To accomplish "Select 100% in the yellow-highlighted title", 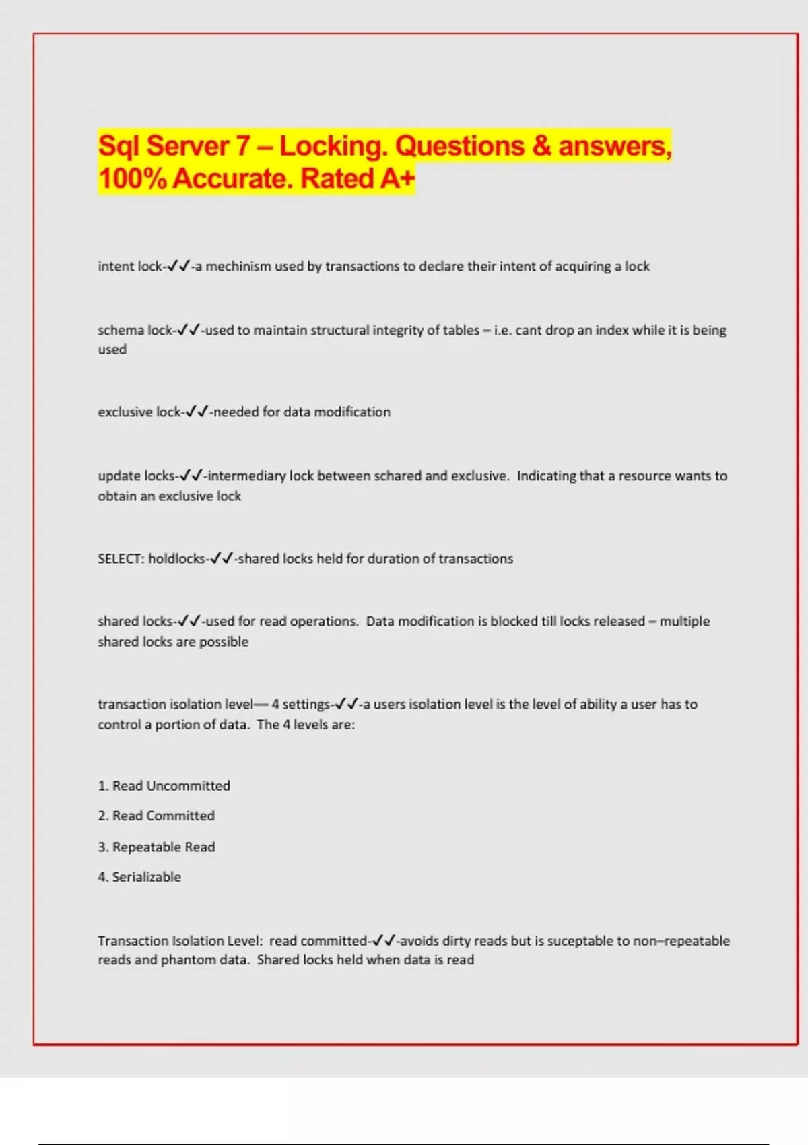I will coord(133,179).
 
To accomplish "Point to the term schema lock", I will coord(135,331).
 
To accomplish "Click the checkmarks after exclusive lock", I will coord(197,412).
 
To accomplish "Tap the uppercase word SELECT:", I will coord(121,559).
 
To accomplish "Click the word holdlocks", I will coord(176,559).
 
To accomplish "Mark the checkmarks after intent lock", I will coord(178,267).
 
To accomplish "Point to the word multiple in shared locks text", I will coord(684,622).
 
